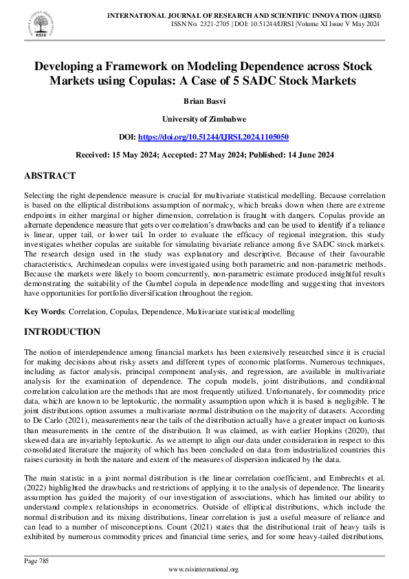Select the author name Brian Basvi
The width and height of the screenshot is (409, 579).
point(204,100)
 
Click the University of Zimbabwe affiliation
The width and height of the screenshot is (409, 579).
point(204,118)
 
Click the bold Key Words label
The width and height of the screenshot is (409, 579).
point(43,312)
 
